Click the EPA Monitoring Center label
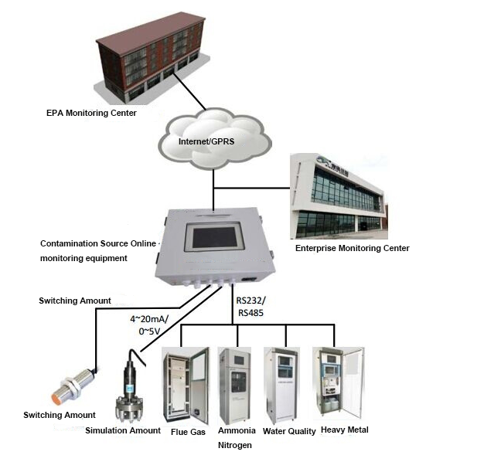coord(91,113)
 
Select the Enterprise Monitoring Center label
coord(352,248)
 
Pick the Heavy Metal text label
coord(344,430)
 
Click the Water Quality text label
coord(289,431)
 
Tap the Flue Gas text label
coord(188,432)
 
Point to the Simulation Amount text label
coord(123,430)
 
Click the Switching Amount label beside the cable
coord(75,300)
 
